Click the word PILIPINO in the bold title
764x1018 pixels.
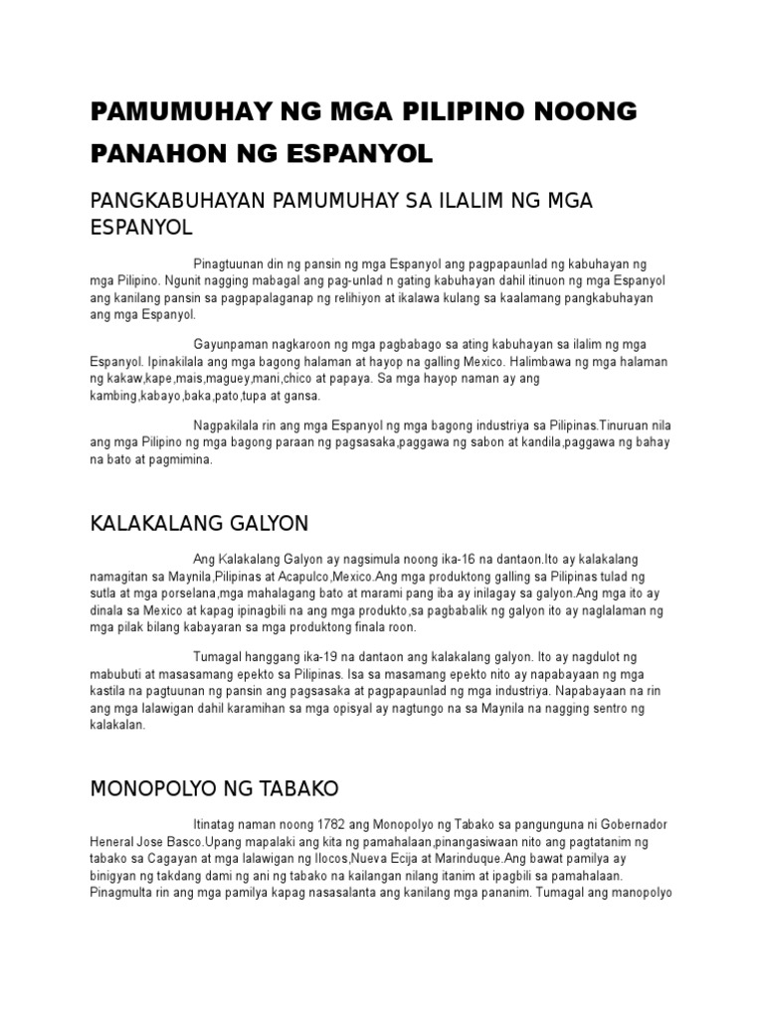coord(461,111)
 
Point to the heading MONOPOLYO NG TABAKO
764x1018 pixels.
coord(215,788)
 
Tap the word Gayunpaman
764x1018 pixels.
coord(231,344)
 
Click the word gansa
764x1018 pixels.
coord(302,395)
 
